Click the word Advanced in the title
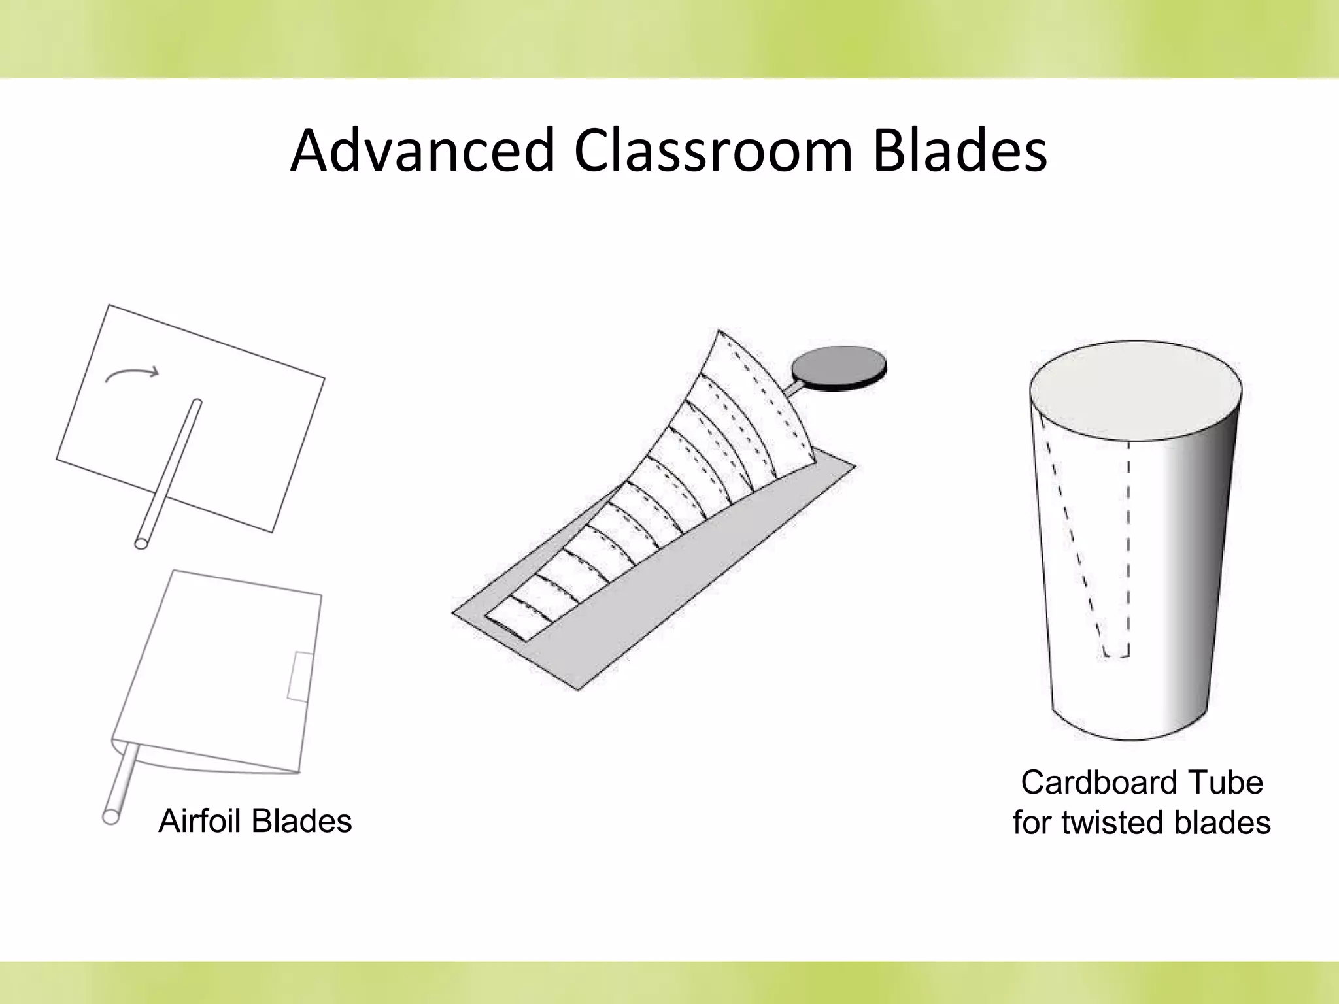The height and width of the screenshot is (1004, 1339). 422,151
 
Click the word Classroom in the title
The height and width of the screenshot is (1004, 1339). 713,151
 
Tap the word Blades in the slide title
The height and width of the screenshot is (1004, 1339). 959,151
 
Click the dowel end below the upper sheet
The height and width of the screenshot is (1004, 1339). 141,542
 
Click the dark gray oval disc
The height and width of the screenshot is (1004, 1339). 839,368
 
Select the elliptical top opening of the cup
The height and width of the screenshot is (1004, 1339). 1135,390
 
